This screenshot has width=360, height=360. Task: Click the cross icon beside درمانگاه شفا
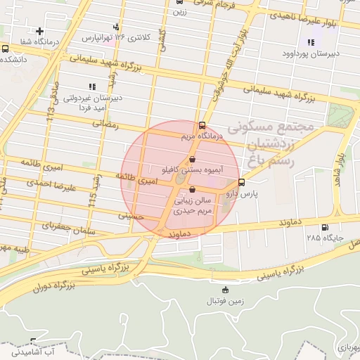pyautogui.click(x=40, y=31)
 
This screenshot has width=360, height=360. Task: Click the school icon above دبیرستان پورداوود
pyautogui.click(x=310, y=43)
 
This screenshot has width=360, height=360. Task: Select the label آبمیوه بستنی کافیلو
pyautogui.click(x=191, y=170)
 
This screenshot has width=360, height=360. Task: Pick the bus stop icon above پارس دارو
pyautogui.click(x=242, y=181)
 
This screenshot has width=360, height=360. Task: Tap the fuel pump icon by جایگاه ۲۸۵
pyautogui.click(x=324, y=227)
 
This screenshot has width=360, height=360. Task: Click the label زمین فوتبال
pyautogui.click(x=224, y=302)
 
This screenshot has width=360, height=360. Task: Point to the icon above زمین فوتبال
pyautogui.click(x=224, y=290)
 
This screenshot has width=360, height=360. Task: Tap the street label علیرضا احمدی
pyautogui.click(x=51, y=186)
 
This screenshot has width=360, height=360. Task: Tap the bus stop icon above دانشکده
pyautogui.click(x=6, y=49)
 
